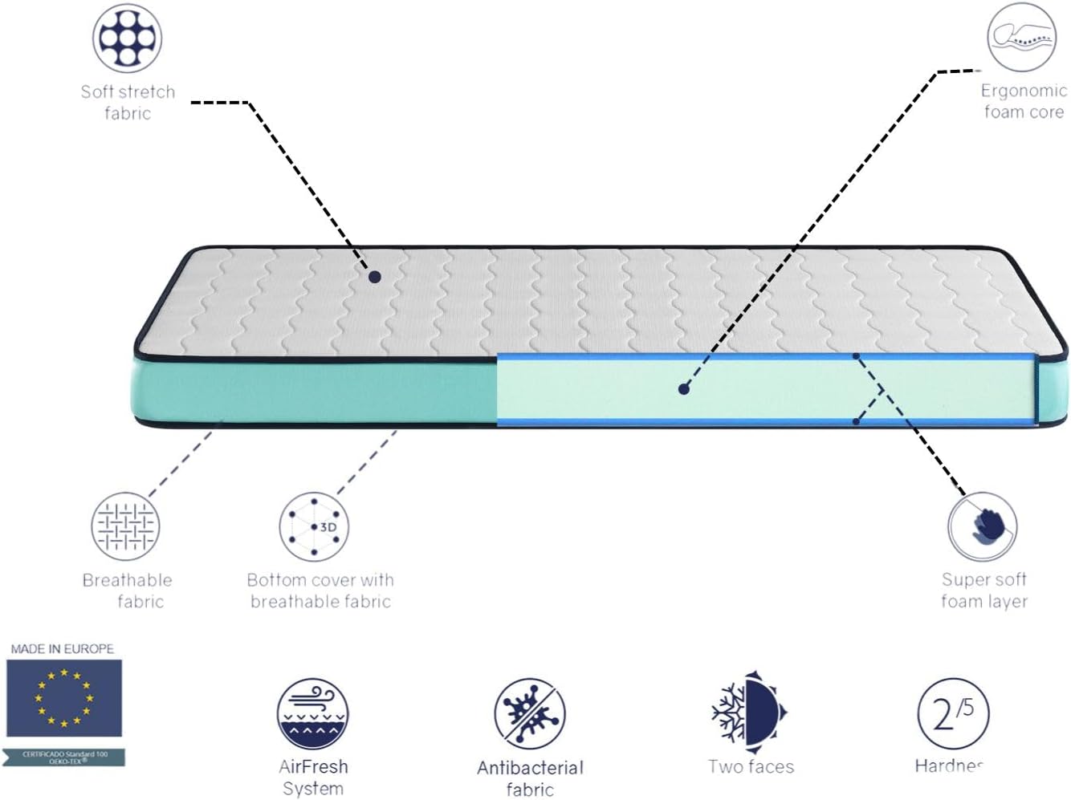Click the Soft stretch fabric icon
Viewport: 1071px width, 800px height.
point(128,39)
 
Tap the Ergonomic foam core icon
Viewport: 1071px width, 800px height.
point(1021,37)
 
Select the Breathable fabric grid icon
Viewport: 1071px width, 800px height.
point(125,527)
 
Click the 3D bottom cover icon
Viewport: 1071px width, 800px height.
point(314,527)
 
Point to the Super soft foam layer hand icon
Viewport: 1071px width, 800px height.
point(983,527)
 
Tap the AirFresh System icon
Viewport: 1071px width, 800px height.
point(313,714)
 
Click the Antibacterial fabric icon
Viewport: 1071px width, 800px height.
point(530,714)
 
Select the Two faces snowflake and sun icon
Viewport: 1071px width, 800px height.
point(749,713)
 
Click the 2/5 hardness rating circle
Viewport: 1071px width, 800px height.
point(953,713)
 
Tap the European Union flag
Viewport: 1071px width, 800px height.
point(63,698)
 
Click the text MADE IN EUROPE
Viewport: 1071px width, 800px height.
point(63,648)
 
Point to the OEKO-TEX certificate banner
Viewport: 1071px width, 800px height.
point(64,757)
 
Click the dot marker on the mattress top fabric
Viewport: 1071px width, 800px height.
point(375,277)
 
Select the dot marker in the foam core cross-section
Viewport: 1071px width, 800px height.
point(683,389)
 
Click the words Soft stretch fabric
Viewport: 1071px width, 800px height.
point(128,103)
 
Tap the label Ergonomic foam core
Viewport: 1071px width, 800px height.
point(1024,101)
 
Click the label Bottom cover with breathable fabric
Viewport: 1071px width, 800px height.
point(320,591)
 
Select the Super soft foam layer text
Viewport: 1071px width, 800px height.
point(984,590)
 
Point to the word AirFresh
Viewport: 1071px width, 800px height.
point(313,767)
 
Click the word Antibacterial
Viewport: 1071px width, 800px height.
point(530,768)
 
